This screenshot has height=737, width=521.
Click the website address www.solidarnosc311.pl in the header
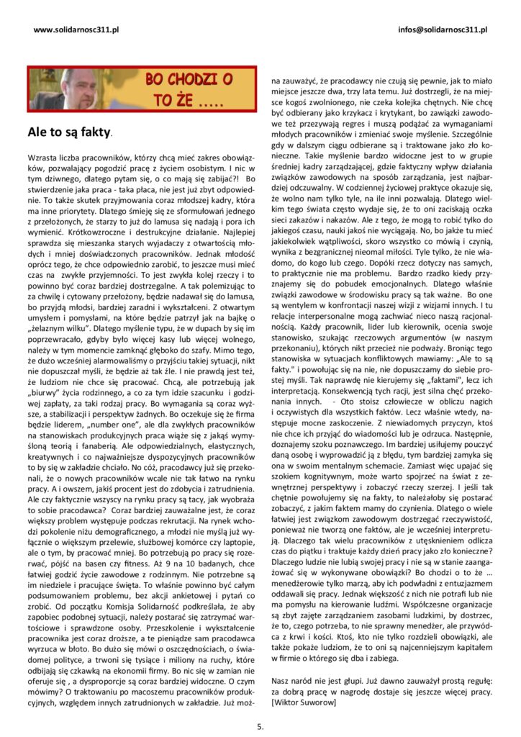tap(76, 30)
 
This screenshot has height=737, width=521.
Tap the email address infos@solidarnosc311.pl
tap(443, 30)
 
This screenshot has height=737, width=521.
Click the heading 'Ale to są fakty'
tap(69, 132)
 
